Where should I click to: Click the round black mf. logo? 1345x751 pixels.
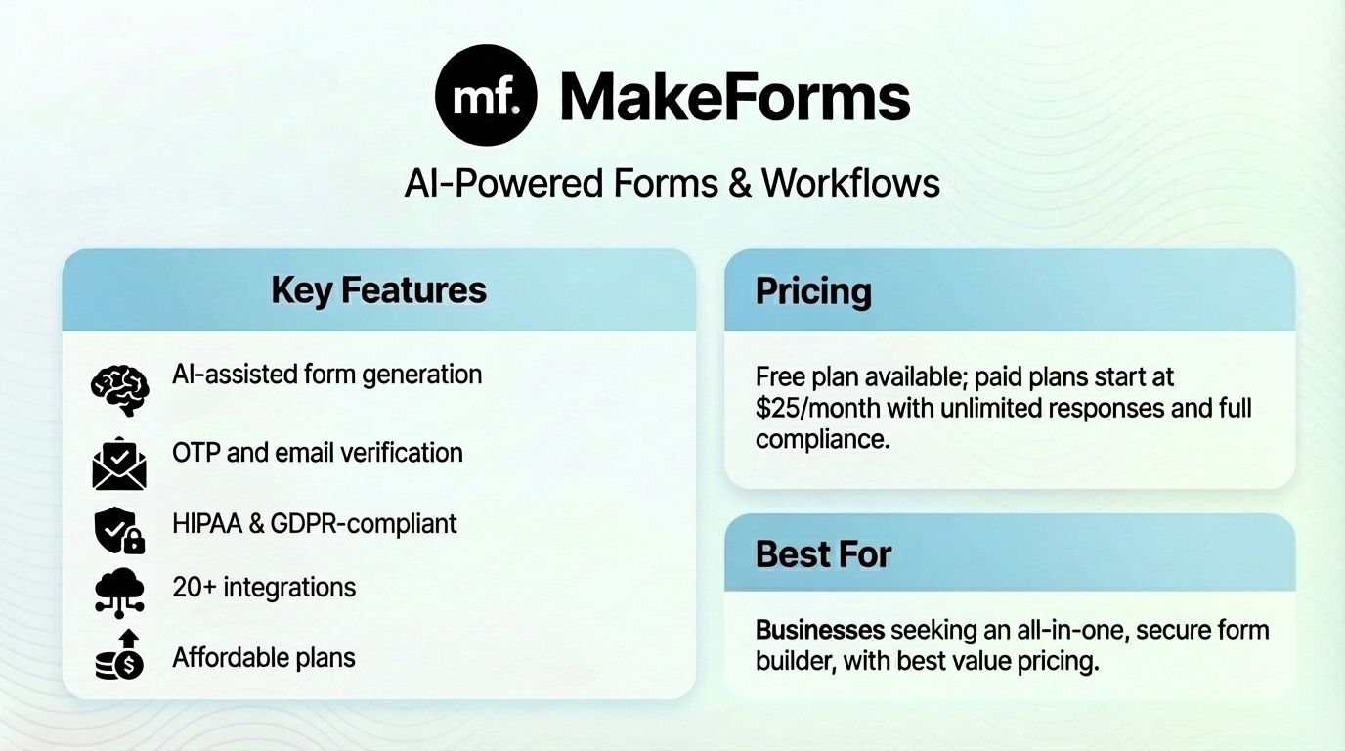(x=486, y=95)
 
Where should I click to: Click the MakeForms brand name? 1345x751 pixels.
(x=734, y=97)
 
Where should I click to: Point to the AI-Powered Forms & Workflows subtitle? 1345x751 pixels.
(x=672, y=183)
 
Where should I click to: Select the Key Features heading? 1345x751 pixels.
(x=378, y=290)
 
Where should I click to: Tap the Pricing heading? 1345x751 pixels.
(x=813, y=291)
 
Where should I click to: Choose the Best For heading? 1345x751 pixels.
(x=823, y=554)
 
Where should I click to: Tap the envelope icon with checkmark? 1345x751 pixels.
(x=119, y=463)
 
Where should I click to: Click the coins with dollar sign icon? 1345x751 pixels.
(x=119, y=657)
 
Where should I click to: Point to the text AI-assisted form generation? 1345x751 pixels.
(x=326, y=374)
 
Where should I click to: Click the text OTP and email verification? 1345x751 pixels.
(x=317, y=453)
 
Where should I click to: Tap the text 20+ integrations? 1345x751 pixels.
(x=264, y=587)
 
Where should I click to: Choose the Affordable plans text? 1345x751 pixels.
(x=264, y=657)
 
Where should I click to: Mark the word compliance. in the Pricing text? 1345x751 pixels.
(x=822, y=439)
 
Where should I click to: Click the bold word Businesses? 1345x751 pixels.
(x=820, y=630)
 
